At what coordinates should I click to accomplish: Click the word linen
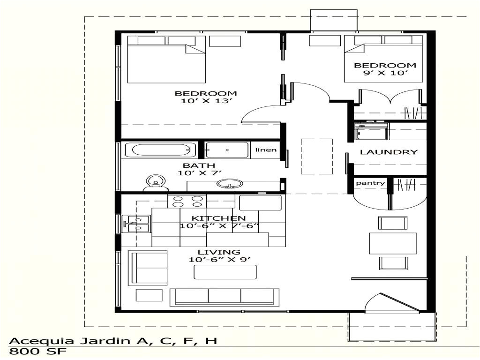click(266, 150)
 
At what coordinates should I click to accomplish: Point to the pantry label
click(370, 183)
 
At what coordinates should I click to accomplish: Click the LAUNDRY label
click(388, 152)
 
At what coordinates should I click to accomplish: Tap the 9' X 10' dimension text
click(384, 73)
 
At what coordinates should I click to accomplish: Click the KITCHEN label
click(219, 218)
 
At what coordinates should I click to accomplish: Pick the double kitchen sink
click(136, 224)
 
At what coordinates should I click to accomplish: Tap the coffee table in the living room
click(225, 272)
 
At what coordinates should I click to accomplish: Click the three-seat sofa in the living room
click(224, 296)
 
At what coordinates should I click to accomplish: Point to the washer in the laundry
click(371, 132)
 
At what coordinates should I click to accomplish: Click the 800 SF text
click(38, 351)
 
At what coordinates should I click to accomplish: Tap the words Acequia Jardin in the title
click(66, 340)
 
